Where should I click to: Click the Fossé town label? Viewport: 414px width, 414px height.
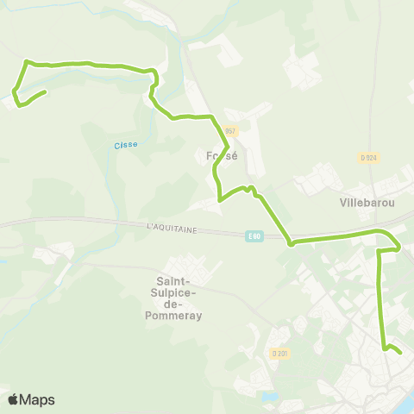pyautogui.click(x=223, y=156)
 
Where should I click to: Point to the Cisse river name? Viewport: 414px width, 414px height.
pyautogui.click(x=126, y=145)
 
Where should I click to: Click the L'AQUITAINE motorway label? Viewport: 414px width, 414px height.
pyautogui.click(x=172, y=228)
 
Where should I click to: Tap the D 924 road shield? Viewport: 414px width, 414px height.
pyautogui.click(x=367, y=157)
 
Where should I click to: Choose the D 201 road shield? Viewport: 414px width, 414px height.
pyautogui.click(x=278, y=353)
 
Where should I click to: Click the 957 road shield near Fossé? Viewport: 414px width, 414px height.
pyautogui.click(x=229, y=131)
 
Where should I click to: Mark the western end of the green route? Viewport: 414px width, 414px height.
pyautogui.click(x=44, y=92)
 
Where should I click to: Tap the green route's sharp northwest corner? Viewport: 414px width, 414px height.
pyautogui.click(x=27, y=61)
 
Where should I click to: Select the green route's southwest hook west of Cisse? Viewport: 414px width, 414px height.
pyautogui.click(x=16, y=102)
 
